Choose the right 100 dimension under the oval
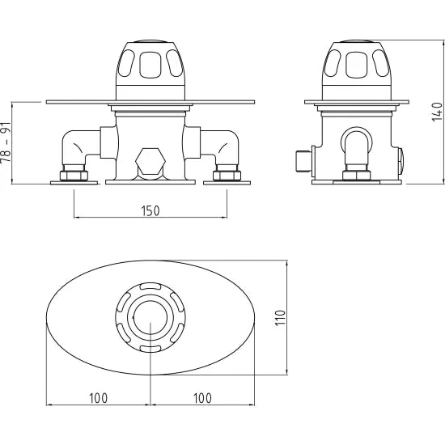(x=202, y=397)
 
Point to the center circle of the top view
(x=150, y=318)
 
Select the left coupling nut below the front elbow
(x=74, y=174)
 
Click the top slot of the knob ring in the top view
(x=150, y=287)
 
